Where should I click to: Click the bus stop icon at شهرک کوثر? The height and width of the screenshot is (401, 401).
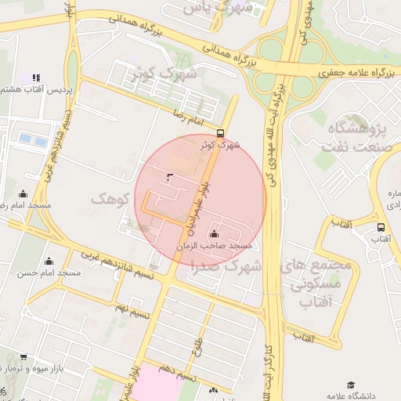[220, 133]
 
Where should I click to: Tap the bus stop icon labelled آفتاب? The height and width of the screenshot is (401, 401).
[381, 228]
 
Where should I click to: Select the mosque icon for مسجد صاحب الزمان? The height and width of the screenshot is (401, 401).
[214, 234]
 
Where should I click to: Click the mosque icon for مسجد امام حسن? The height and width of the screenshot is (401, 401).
[49, 262]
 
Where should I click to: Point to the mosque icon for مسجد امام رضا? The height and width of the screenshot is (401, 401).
[23, 194]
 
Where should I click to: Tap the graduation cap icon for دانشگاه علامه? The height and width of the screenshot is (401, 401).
[352, 386]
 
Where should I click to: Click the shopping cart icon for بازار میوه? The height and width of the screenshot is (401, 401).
[23, 357]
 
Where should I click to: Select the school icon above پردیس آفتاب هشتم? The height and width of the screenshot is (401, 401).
[35, 78]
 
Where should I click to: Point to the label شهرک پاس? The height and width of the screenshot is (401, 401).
[209, 7]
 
